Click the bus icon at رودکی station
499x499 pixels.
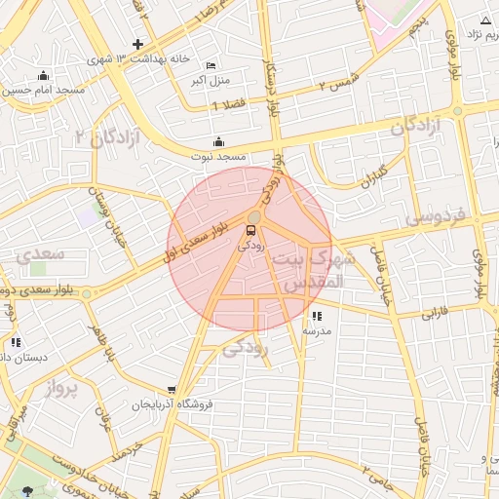251,231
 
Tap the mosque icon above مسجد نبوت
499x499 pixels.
217,141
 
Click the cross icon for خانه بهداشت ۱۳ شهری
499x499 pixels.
138,45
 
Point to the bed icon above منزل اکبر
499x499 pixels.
212,65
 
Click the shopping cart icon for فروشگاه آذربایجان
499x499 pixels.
172,390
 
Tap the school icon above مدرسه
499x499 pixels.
317,316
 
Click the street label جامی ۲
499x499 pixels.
377,476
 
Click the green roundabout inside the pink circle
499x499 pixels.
254,216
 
